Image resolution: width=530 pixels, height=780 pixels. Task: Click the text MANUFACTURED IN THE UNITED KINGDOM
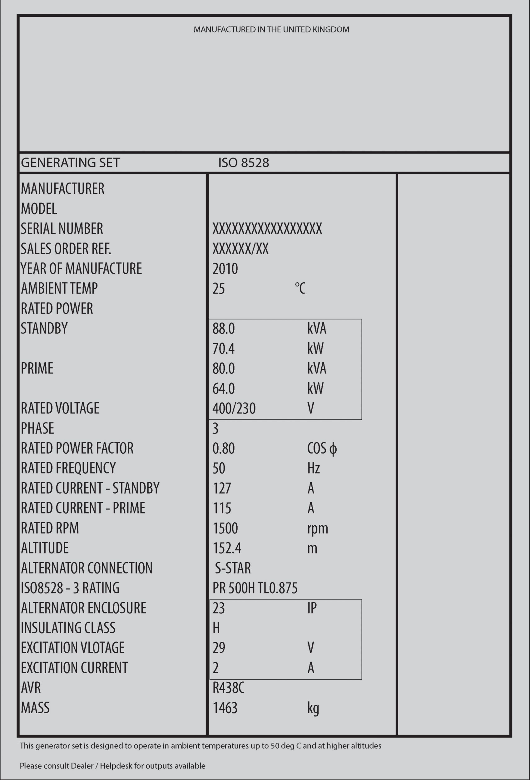[271, 30]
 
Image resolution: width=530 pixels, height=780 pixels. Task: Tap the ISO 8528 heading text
[244, 163]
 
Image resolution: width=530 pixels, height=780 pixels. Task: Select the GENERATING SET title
[70, 163]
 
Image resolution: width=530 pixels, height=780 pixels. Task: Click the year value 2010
[225, 269]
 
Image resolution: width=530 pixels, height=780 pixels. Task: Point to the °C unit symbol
[300, 288]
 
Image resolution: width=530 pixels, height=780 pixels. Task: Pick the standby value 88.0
[223, 329]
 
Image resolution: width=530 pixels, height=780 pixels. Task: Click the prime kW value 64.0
[223, 389]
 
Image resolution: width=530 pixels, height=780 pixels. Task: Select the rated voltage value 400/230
[234, 408]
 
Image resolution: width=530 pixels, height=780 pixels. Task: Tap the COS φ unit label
[322, 448]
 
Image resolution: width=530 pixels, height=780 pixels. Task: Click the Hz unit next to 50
[313, 468]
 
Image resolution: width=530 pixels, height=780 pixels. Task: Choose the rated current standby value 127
[222, 488]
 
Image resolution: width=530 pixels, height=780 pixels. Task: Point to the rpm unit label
[317, 529]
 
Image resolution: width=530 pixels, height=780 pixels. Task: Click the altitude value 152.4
[227, 548]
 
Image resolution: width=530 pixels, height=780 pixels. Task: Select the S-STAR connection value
[233, 568]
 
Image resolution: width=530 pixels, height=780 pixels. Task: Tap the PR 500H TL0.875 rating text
[255, 588]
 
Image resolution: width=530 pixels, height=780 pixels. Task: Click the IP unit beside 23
[312, 608]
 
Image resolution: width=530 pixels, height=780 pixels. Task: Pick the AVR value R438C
[228, 688]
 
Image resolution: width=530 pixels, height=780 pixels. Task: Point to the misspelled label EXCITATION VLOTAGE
[72, 648]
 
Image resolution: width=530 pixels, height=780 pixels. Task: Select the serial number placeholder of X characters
[267, 229]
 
